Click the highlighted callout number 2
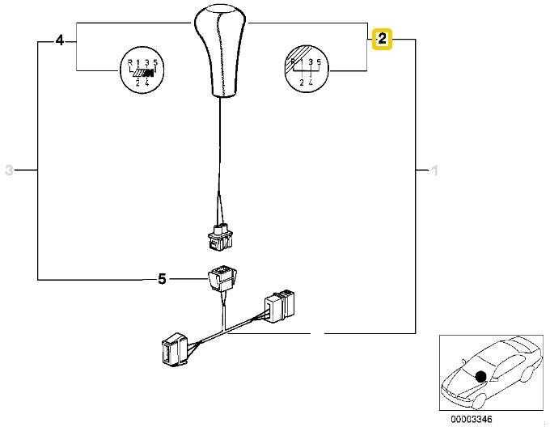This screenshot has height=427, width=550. pos(382,39)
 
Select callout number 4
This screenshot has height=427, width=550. pos(60,40)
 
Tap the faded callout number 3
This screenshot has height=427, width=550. pos(9,171)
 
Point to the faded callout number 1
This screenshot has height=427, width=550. pos(434,171)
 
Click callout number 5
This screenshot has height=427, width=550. pos(162,279)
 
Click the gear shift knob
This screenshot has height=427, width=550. pos(220,52)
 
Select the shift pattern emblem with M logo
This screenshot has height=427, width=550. pos(141,70)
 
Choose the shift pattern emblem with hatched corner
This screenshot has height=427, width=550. pos(307,69)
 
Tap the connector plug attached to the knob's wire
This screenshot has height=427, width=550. pos(220,237)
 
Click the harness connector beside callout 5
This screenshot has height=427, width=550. pos(222,278)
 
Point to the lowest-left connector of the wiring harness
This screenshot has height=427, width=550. pos(175,350)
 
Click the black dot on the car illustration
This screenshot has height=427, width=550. pos(480,377)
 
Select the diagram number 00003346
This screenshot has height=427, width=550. pos(472,419)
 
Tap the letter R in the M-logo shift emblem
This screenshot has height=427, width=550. pos(129,63)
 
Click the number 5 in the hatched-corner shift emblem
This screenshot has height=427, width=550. pos(319,62)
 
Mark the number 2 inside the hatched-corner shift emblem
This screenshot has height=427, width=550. pos(302,83)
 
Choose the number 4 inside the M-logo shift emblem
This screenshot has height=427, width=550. pos(147,83)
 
